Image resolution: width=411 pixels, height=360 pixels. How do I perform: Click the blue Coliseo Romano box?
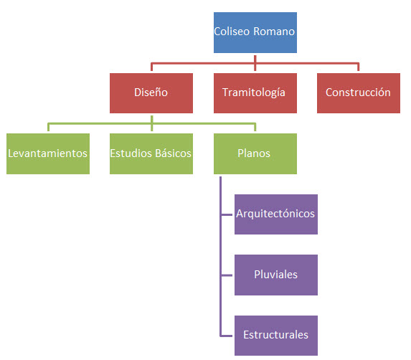point(255,32)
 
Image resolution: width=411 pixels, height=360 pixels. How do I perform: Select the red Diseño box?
point(151,93)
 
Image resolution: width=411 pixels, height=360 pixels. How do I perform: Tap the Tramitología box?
point(255,93)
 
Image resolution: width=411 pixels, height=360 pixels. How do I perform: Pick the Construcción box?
point(359,93)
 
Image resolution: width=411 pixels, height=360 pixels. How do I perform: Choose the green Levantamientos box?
point(48,153)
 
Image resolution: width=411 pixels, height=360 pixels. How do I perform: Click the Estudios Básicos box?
point(151,153)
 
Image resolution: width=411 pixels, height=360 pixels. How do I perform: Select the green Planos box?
point(255,153)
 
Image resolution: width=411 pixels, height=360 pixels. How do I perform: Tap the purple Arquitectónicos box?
point(276,214)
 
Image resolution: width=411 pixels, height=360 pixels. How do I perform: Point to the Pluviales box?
point(276,275)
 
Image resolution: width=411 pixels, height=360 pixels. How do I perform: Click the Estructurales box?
point(276,336)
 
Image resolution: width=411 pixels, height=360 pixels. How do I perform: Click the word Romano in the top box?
point(274,32)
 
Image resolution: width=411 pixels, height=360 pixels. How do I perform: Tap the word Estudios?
point(131,153)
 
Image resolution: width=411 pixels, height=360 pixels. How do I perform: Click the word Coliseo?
point(232,32)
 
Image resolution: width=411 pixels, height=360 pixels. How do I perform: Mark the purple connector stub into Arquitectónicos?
point(227,214)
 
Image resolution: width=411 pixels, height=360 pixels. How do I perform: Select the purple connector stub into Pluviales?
point(227,275)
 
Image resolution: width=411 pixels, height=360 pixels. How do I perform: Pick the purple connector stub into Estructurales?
point(227,336)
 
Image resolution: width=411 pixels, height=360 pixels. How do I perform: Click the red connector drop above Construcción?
point(359,67)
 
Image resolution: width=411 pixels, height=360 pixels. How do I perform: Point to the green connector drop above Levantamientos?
point(48,127)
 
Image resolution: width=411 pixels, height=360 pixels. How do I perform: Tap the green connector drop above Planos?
point(255,127)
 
